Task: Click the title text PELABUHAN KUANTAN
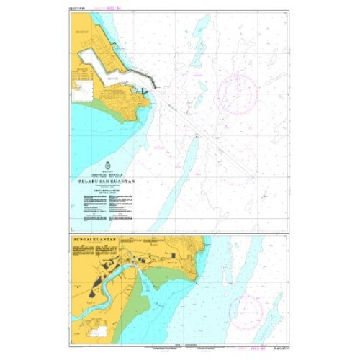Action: pyautogui.click(x=106, y=182)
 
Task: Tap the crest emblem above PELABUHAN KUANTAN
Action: pyautogui.click(x=107, y=166)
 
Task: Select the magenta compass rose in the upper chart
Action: pyautogui.click(x=238, y=94)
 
